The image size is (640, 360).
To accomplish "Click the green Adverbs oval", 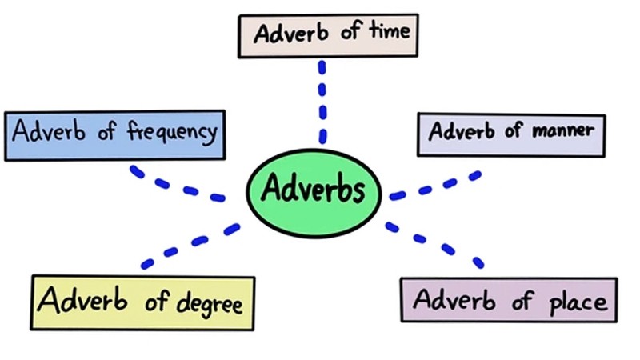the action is click(314, 193).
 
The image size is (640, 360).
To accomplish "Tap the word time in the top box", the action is click(390, 30).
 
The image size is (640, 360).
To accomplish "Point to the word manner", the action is click(563, 130).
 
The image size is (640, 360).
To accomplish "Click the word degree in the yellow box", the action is click(210, 304).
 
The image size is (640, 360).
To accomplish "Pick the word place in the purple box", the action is click(578, 302).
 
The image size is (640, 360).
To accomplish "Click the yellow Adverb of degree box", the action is click(142, 302).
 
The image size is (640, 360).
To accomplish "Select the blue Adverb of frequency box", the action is click(114, 135).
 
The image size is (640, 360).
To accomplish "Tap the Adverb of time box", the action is click(328, 36).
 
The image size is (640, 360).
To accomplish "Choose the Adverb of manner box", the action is click(511, 135).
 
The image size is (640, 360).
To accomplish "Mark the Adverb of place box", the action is click(509, 300).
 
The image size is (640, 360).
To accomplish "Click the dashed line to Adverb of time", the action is click(322, 102).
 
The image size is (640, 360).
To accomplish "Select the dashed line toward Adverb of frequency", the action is click(176, 185).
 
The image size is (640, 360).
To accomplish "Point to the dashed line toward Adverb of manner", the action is click(435, 186).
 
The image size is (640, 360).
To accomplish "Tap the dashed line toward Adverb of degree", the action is click(190, 246).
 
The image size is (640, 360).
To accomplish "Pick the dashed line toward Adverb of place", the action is click(434, 245).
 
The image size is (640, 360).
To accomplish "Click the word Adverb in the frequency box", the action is click(49, 130).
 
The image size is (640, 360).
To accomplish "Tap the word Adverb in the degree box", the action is click(82, 299).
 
